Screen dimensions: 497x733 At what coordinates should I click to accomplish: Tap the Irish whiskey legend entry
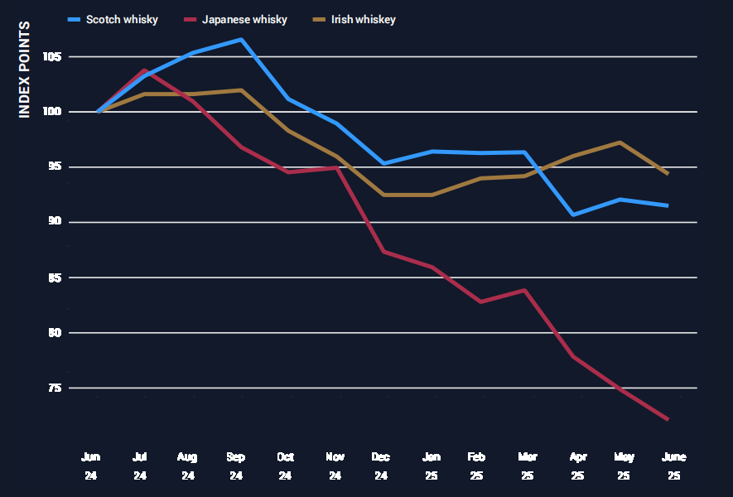tap(357, 19)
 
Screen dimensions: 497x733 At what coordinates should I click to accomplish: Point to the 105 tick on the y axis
tap(54, 57)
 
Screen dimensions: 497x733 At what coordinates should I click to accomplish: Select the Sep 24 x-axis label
tap(236, 466)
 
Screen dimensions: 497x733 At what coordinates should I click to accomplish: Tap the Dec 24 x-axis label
tap(382, 466)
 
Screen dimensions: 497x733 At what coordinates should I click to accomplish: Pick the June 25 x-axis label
tap(674, 466)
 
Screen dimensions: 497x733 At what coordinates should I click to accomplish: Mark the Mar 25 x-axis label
tap(528, 466)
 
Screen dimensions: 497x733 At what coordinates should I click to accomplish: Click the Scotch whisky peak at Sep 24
tap(241, 39)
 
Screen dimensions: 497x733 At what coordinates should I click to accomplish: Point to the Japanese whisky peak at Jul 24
tap(145, 70)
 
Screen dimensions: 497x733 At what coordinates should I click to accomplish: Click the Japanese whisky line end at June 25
tap(668, 420)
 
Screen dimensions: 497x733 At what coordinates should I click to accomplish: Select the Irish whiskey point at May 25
tap(620, 142)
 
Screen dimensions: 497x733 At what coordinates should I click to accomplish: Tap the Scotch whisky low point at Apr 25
tap(573, 215)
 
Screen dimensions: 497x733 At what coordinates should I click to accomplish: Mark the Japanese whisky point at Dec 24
tap(382, 251)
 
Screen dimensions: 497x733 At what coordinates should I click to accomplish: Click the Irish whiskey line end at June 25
tap(668, 174)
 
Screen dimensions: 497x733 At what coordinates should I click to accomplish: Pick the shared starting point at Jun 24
tap(99, 111)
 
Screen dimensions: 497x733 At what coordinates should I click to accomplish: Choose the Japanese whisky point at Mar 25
tap(523, 290)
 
